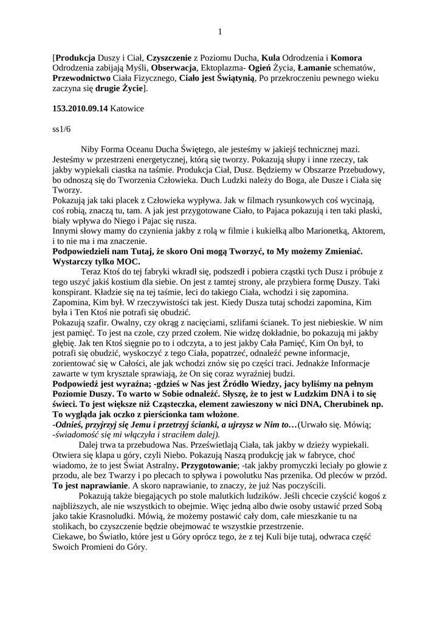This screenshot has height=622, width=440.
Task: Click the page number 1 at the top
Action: click(220, 32)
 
